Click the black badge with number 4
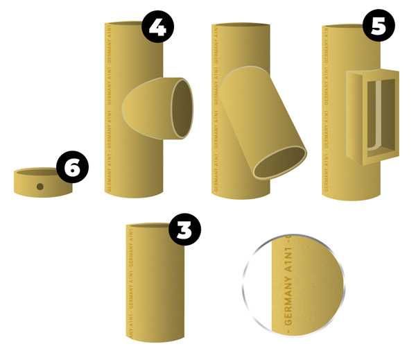(157, 28)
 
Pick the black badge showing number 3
(184, 230)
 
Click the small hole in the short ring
(40, 186)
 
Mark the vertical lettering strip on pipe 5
(327, 104)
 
